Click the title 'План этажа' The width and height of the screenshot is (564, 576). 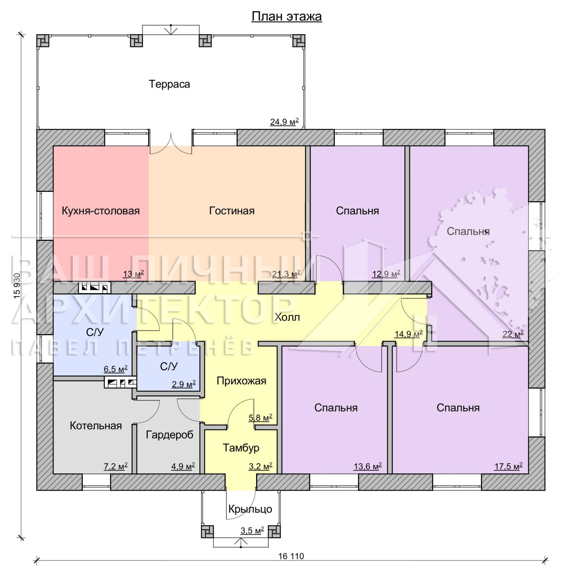coord(286,17)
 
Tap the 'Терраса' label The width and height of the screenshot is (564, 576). coord(169,84)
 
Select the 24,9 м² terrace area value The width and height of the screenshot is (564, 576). coord(285,122)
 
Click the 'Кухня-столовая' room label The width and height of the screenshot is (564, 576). coord(101,211)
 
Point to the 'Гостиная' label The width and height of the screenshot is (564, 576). coord(232,211)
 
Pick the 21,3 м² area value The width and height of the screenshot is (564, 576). coord(286,274)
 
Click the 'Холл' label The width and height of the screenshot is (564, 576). coord(287,318)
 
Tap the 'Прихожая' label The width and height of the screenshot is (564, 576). coord(241,381)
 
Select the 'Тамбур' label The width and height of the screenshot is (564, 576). coord(241,448)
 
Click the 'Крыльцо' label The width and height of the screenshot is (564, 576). coord(250,509)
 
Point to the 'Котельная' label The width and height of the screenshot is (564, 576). coord(96,426)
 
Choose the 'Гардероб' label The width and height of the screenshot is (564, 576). coord(169,435)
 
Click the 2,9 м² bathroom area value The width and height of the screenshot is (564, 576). coord(184,384)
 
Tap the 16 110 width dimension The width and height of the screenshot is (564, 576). coord(291,556)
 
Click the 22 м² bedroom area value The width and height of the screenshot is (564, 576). coord(513,334)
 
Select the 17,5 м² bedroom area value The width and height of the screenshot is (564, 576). coord(508,467)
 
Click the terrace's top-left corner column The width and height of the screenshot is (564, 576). coord(43,41)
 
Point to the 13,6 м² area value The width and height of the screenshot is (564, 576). coord(368,467)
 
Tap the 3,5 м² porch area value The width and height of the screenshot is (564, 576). coord(252,531)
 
